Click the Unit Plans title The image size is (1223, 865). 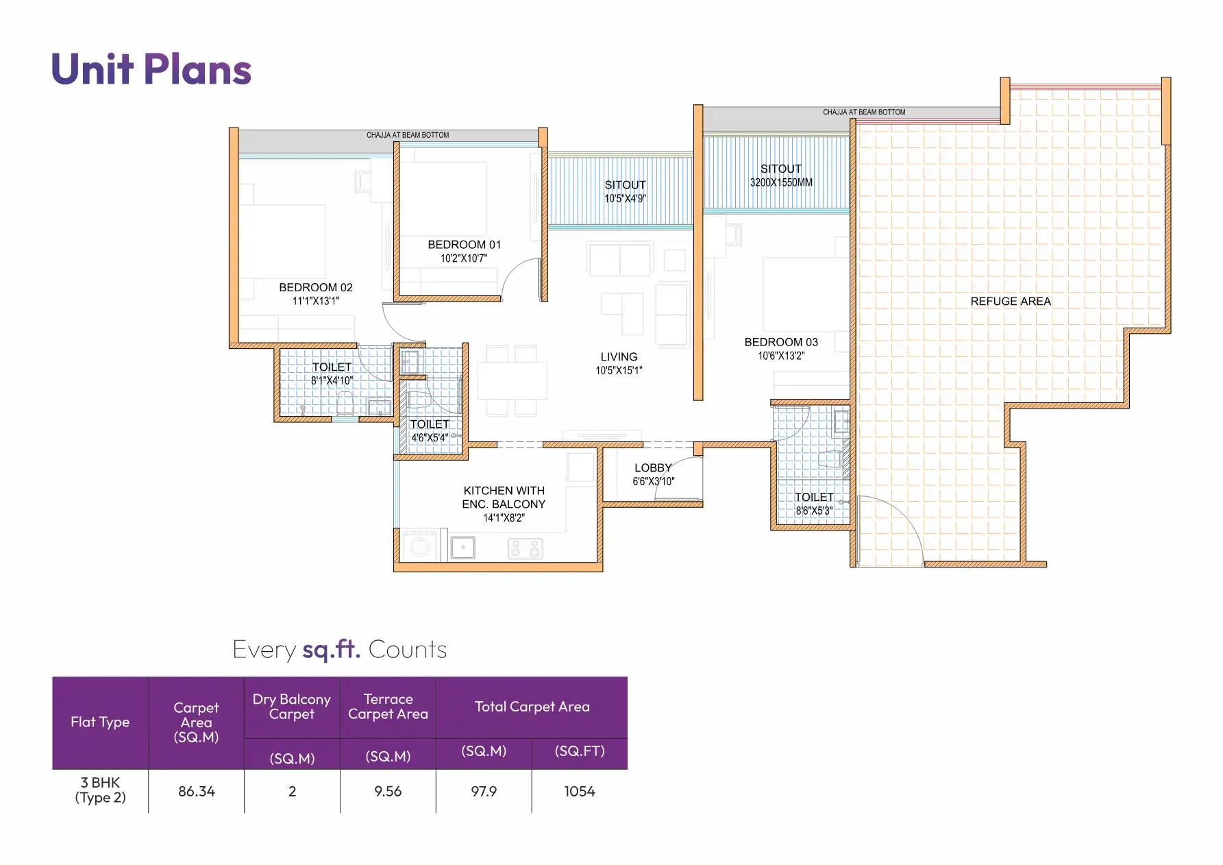(151, 69)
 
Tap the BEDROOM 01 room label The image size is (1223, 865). (464, 245)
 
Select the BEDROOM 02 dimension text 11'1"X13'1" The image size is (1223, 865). (315, 301)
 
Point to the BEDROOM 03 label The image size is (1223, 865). (781, 342)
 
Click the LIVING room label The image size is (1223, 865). (619, 357)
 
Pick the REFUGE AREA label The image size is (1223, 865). (1010, 302)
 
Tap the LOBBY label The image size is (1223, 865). (653, 468)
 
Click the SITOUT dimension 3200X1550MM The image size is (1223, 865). (781, 183)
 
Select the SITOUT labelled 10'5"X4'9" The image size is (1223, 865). (625, 186)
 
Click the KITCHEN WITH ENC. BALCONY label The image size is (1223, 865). (504, 498)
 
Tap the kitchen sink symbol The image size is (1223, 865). (462, 548)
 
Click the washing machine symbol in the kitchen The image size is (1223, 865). (420, 547)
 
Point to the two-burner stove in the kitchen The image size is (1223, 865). (525, 548)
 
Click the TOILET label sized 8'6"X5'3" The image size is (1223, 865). (814, 498)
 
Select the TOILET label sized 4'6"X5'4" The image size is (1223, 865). (430, 425)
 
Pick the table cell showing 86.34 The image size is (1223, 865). (197, 792)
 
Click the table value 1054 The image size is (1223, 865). (580, 792)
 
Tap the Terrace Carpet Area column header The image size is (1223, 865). (388, 707)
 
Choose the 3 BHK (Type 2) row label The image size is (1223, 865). (100, 790)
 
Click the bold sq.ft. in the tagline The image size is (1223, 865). (332, 649)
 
